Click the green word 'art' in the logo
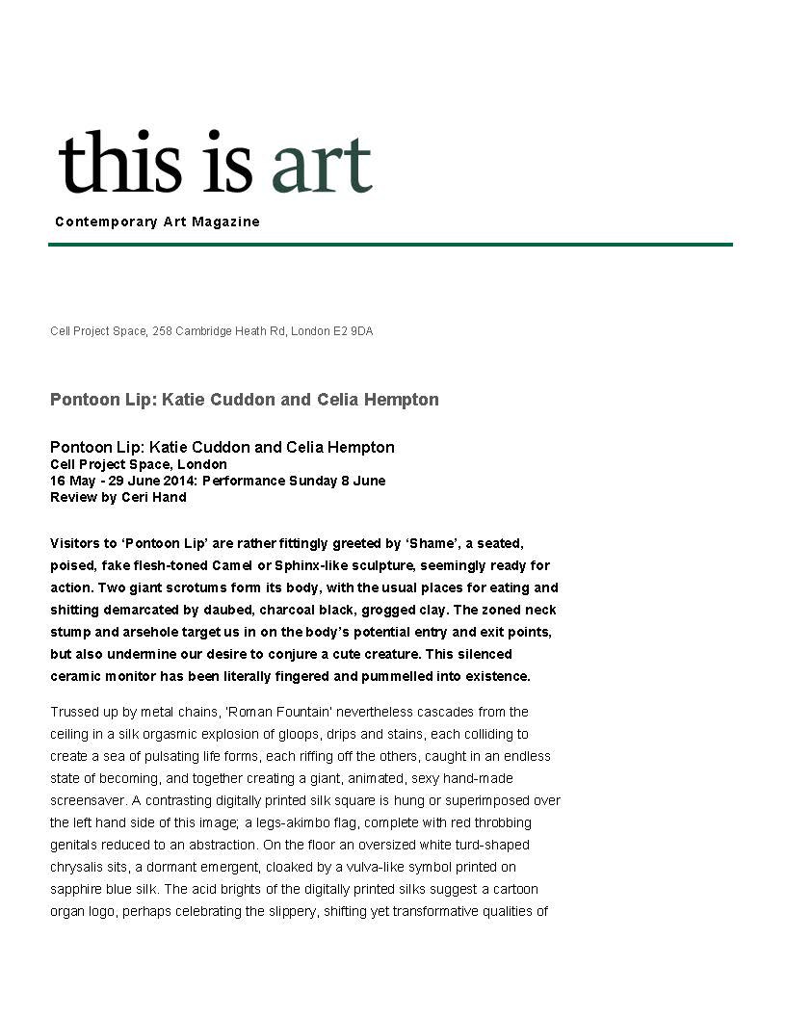[x=321, y=164]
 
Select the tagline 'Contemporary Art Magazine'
[x=157, y=222]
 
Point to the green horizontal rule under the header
[x=390, y=245]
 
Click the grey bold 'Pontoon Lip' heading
[x=244, y=400]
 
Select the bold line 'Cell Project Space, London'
[x=139, y=464]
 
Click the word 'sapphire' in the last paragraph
[x=75, y=889]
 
